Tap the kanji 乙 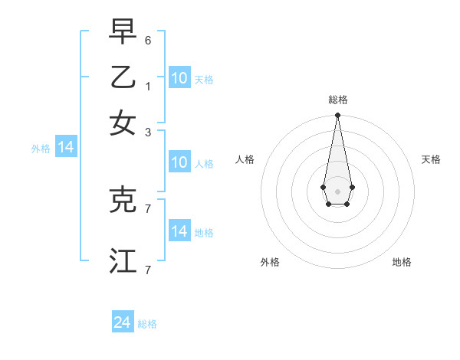[123, 77]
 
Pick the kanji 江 [123, 260]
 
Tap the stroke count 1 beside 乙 [148, 87]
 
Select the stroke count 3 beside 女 [148, 133]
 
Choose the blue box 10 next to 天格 [179, 77]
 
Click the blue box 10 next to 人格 [179, 162]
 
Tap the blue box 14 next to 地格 [179, 231]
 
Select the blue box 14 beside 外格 [66, 147]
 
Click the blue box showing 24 [123, 322]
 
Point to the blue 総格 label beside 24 [147, 324]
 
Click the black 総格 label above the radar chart [337, 100]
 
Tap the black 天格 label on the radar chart [431, 159]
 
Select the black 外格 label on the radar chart [270, 262]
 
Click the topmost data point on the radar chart [337, 116]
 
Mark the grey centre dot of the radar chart [337, 191]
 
